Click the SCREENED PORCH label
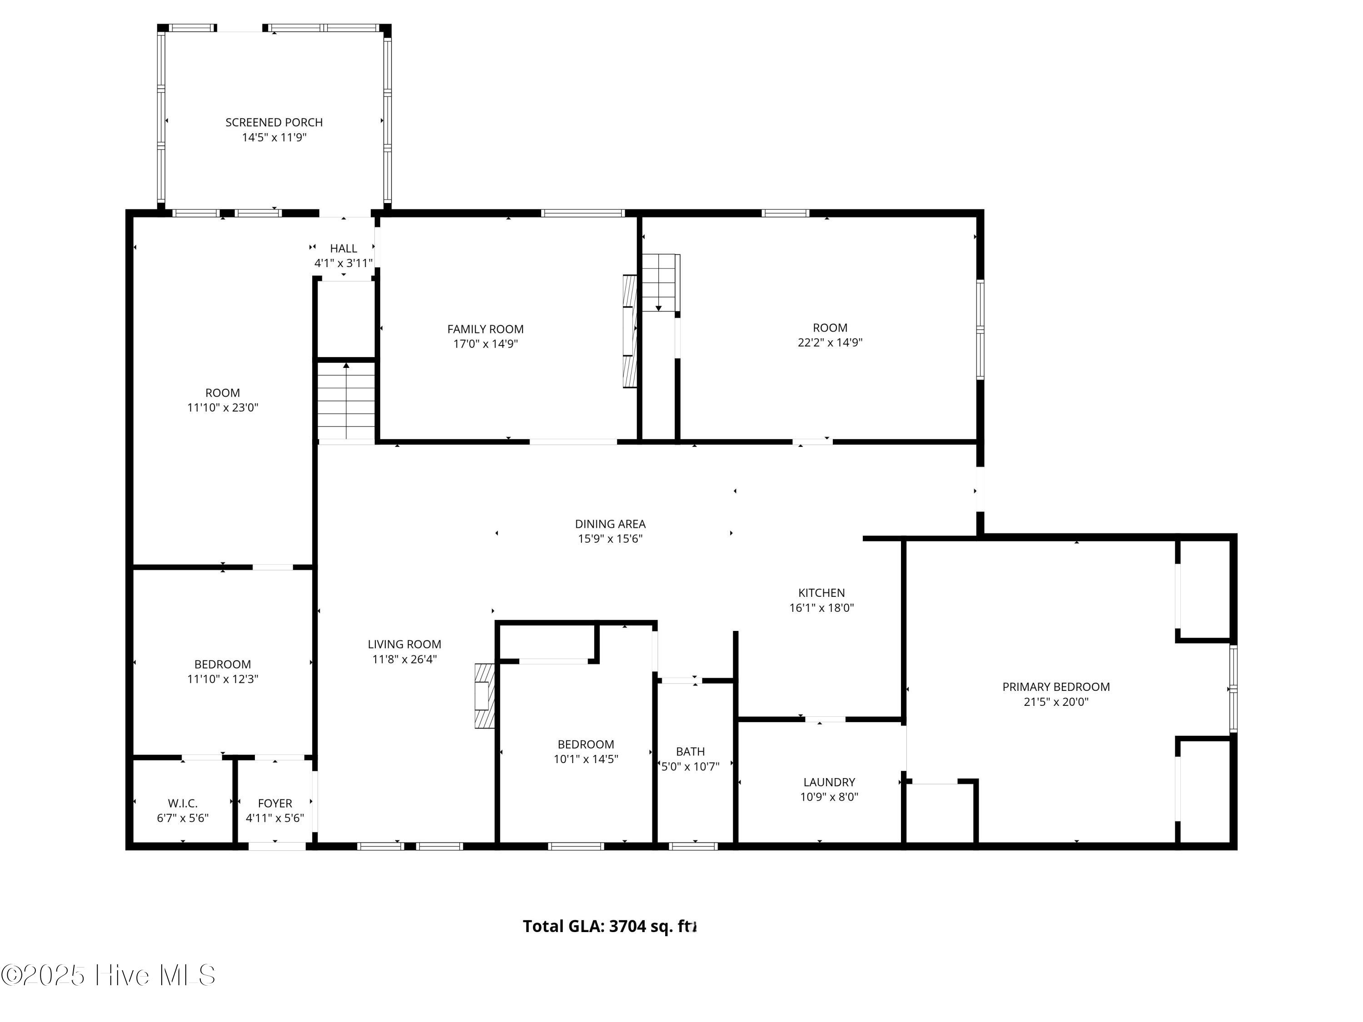(274, 123)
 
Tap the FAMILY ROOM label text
(486, 330)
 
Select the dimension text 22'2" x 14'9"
(830, 342)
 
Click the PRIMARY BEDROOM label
(1056, 687)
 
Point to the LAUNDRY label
(829, 782)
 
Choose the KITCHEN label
(821, 593)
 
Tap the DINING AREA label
(610, 524)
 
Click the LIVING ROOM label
(404, 645)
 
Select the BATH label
(690, 752)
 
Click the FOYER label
(275, 804)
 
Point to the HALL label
(343, 248)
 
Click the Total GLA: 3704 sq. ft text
(609, 927)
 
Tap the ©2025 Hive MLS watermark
(109, 975)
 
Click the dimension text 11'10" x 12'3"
(223, 680)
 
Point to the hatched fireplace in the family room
(629, 331)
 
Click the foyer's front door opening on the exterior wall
(277, 846)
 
